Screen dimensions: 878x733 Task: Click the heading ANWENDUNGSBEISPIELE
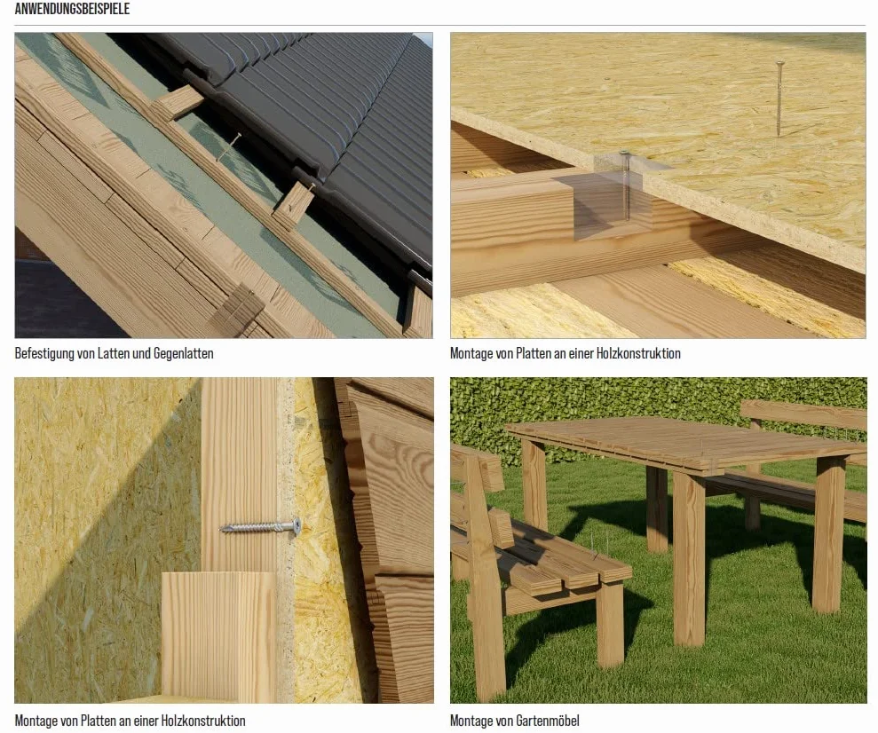click(72, 9)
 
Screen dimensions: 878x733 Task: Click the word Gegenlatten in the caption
click(183, 353)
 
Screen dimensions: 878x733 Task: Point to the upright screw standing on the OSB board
click(779, 99)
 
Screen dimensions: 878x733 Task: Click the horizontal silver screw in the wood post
click(260, 526)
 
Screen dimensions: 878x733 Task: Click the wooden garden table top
click(684, 443)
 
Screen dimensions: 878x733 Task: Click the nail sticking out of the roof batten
click(229, 146)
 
